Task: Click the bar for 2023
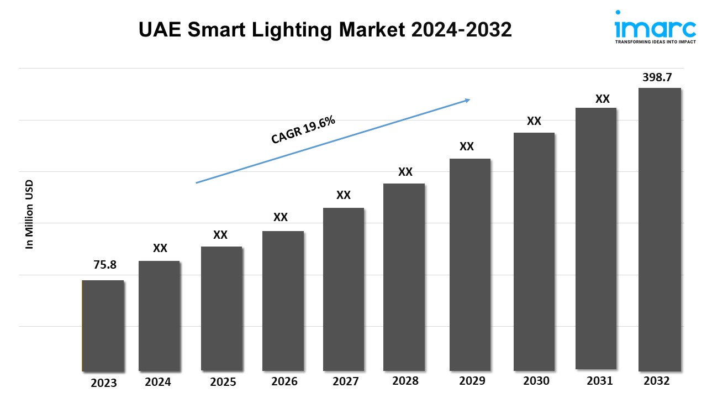[103, 326]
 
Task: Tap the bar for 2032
[659, 229]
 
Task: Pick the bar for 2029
[469, 265]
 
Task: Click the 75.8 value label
[105, 265]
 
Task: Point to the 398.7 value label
[657, 77]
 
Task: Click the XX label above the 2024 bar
[160, 248]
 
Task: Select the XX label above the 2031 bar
[602, 99]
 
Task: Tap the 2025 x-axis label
[223, 382]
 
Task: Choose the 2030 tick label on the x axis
[536, 381]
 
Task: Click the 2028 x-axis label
[405, 381]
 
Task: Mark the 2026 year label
[284, 381]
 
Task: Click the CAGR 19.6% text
[303, 131]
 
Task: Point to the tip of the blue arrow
[469, 99]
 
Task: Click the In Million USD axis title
[30, 214]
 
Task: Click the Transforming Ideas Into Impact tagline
[655, 41]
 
